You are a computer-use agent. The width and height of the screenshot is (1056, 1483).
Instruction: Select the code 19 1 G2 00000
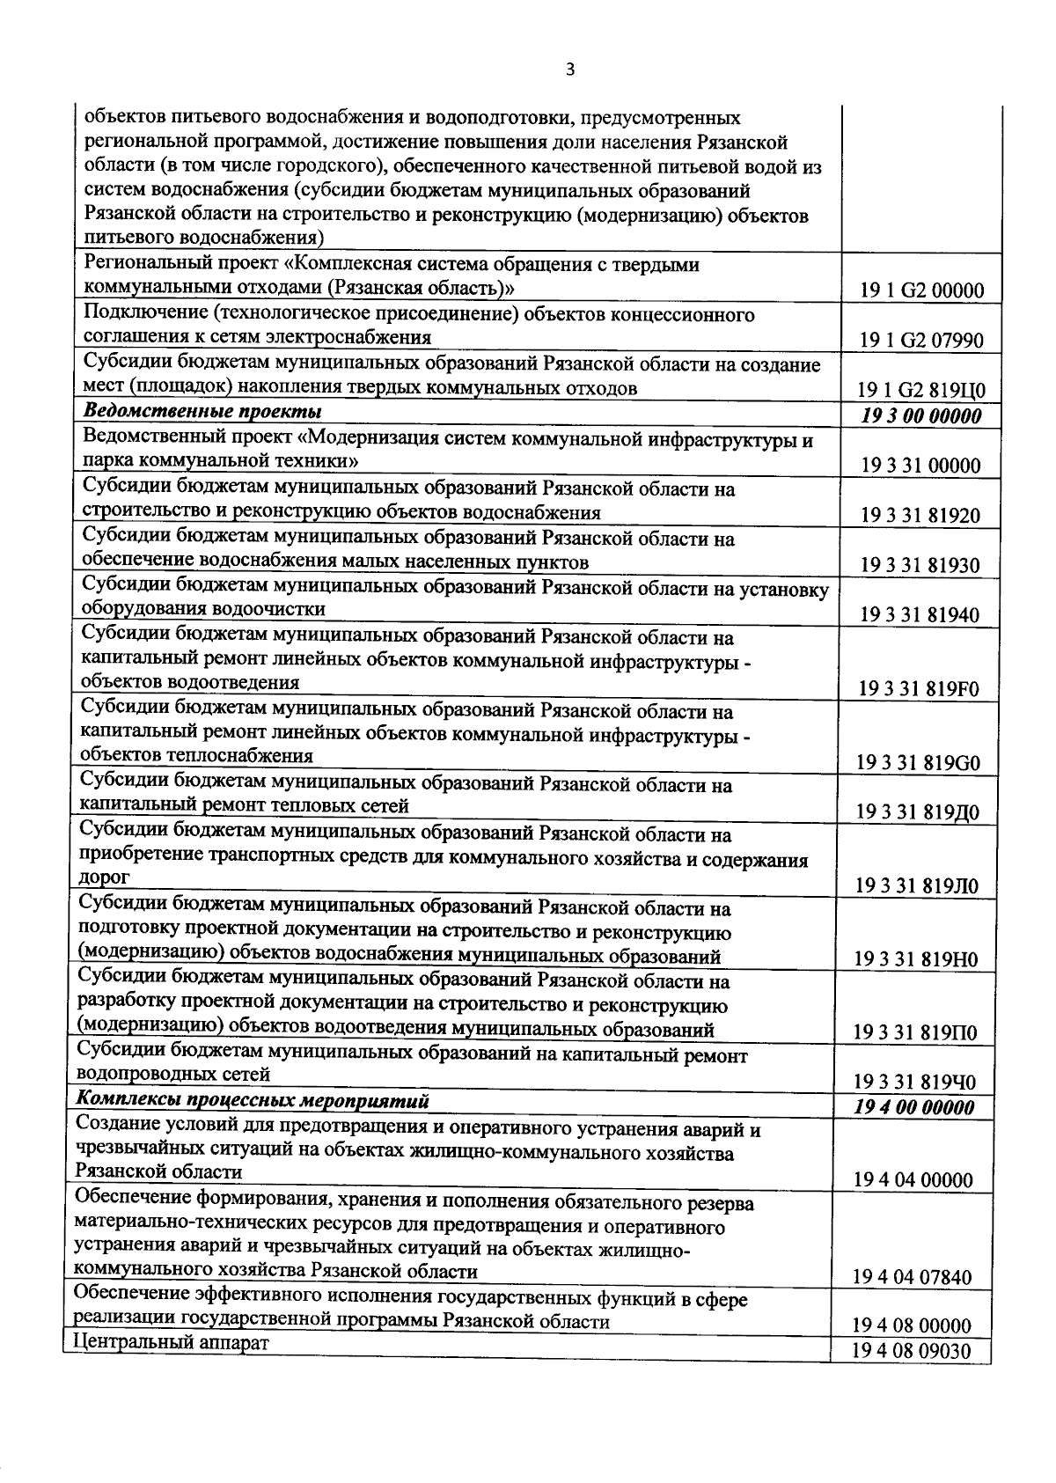click(921, 291)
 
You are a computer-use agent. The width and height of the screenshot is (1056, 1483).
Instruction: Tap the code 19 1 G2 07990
click(921, 341)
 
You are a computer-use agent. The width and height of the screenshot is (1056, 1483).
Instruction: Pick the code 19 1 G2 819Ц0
click(921, 391)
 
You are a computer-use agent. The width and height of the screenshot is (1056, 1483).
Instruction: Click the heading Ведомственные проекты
click(202, 412)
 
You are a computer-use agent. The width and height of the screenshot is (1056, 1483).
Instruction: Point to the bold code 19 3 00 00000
click(921, 415)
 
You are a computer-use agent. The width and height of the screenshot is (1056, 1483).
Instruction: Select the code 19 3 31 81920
click(920, 516)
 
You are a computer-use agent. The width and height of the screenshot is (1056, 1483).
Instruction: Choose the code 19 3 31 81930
click(920, 566)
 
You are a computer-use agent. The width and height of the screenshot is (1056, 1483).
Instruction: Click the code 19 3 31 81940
click(920, 615)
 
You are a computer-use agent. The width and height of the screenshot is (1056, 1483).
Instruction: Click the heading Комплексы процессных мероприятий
click(253, 1100)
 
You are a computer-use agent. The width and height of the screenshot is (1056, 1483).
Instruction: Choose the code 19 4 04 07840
click(913, 1277)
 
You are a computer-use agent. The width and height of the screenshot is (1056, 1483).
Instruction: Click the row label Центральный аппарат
click(171, 1342)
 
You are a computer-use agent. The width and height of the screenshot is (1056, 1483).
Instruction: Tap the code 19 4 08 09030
click(912, 1351)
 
